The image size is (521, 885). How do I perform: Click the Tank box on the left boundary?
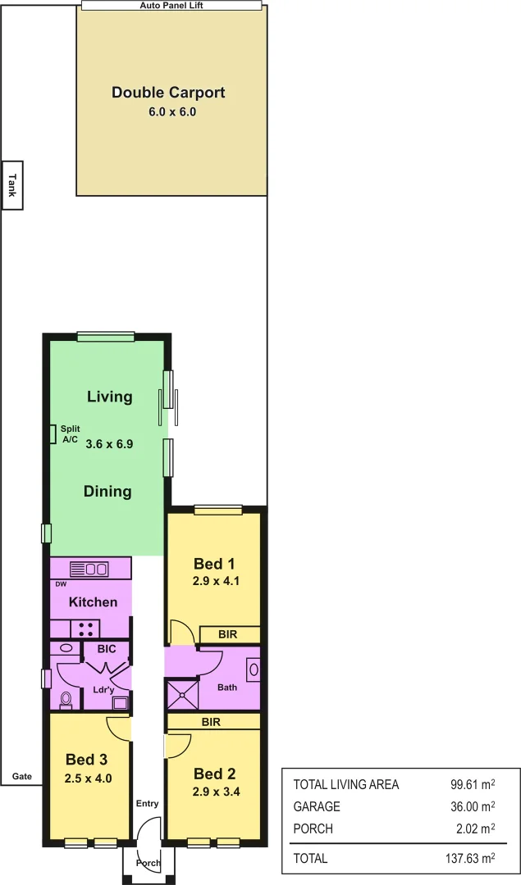11,184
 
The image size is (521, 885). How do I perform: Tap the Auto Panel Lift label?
172,5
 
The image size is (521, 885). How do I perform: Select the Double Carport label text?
168,93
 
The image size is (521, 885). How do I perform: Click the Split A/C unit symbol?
53,433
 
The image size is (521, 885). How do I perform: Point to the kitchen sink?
96,568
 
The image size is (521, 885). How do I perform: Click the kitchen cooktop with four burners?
85,629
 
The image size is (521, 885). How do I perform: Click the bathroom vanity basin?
253,669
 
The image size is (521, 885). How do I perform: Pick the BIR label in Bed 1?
229,634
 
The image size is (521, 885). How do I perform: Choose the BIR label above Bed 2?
212,721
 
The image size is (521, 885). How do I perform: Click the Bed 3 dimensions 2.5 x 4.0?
88,778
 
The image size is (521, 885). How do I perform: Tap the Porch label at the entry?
149,863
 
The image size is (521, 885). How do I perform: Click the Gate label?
21,777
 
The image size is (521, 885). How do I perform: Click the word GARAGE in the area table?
317,806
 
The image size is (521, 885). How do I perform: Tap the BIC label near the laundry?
107,649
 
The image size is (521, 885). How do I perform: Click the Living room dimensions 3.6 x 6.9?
109,443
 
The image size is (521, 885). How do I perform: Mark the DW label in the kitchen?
61,584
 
